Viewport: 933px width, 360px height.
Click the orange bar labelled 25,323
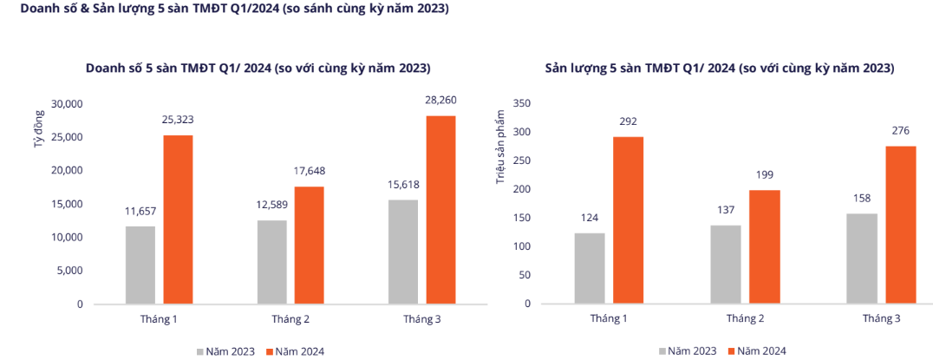[x=178, y=219]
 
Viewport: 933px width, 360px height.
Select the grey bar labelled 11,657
[x=140, y=265]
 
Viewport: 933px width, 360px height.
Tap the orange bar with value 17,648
[x=309, y=245]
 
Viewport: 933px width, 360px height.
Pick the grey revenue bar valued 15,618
[x=403, y=252]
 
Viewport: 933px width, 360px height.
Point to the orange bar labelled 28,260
[x=440, y=210]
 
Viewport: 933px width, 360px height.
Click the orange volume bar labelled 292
[x=629, y=220]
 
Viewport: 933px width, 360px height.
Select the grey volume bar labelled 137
[x=725, y=265]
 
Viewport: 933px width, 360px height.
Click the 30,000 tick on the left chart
[x=67, y=104]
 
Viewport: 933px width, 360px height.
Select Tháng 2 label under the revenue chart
[x=290, y=319]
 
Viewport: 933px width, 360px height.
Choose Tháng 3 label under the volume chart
[x=881, y=319]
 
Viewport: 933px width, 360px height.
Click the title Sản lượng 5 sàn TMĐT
[x=719, y=68]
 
